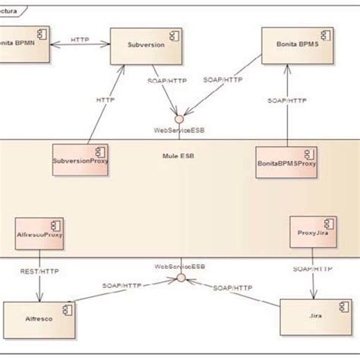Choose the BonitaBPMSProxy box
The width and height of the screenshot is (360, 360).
(288, 161)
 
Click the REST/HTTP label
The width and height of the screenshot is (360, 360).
(39, 270)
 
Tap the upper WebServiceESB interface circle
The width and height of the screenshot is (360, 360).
(179, 119)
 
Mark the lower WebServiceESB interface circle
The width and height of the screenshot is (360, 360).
(182, 279)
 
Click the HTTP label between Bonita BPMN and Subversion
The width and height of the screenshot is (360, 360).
(81, 37)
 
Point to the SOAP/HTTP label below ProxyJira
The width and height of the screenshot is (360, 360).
(311, 269)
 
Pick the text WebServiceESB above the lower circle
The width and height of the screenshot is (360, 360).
(179, 267)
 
